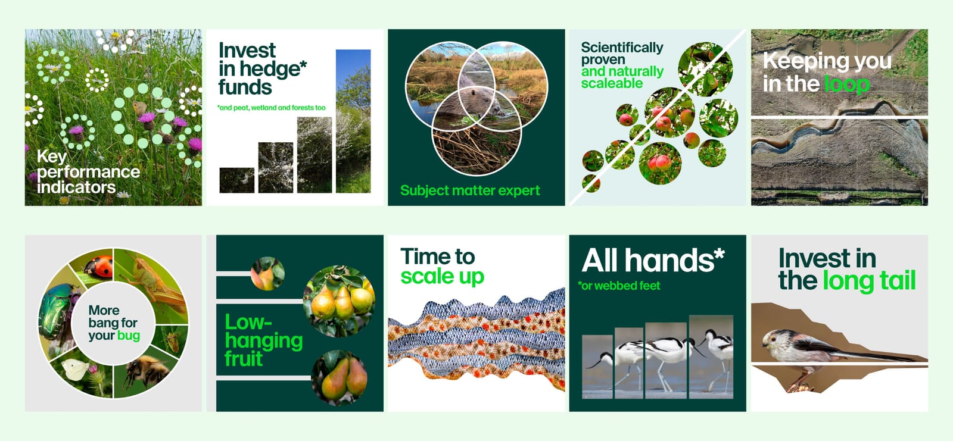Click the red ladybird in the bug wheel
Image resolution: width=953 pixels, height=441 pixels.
99,267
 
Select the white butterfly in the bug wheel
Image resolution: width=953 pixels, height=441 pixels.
75,369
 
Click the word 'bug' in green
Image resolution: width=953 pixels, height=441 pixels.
129,336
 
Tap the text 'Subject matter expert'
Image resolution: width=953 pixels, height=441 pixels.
470,190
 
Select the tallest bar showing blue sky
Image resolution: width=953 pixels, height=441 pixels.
353,121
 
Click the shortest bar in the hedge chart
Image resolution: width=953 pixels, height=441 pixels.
237,180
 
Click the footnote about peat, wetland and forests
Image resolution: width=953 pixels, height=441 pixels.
272,108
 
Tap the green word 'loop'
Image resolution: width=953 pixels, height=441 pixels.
847,84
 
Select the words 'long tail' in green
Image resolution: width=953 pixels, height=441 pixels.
869,281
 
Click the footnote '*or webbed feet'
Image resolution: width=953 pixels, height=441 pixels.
619,286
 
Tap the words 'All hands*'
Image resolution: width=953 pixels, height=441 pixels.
653,260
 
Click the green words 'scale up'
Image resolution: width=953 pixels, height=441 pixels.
443,277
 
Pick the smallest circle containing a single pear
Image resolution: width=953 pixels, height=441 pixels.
267,273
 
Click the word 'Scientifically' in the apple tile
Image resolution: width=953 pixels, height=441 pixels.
622,48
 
